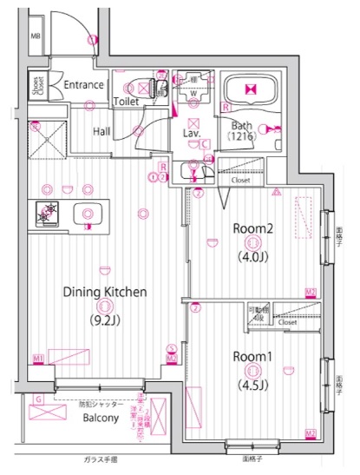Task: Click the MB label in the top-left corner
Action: coord(36,36)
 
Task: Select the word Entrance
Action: coord(83,85)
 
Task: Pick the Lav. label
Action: coord(192,133)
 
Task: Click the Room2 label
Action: coord(252,228)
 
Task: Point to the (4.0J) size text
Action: coord(252,257)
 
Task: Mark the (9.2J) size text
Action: coord(103,319)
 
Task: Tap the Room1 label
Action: coord(252,355)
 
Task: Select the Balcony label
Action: coord(100,418)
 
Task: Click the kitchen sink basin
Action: coord(87,212)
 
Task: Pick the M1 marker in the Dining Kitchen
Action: coord(38,358)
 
